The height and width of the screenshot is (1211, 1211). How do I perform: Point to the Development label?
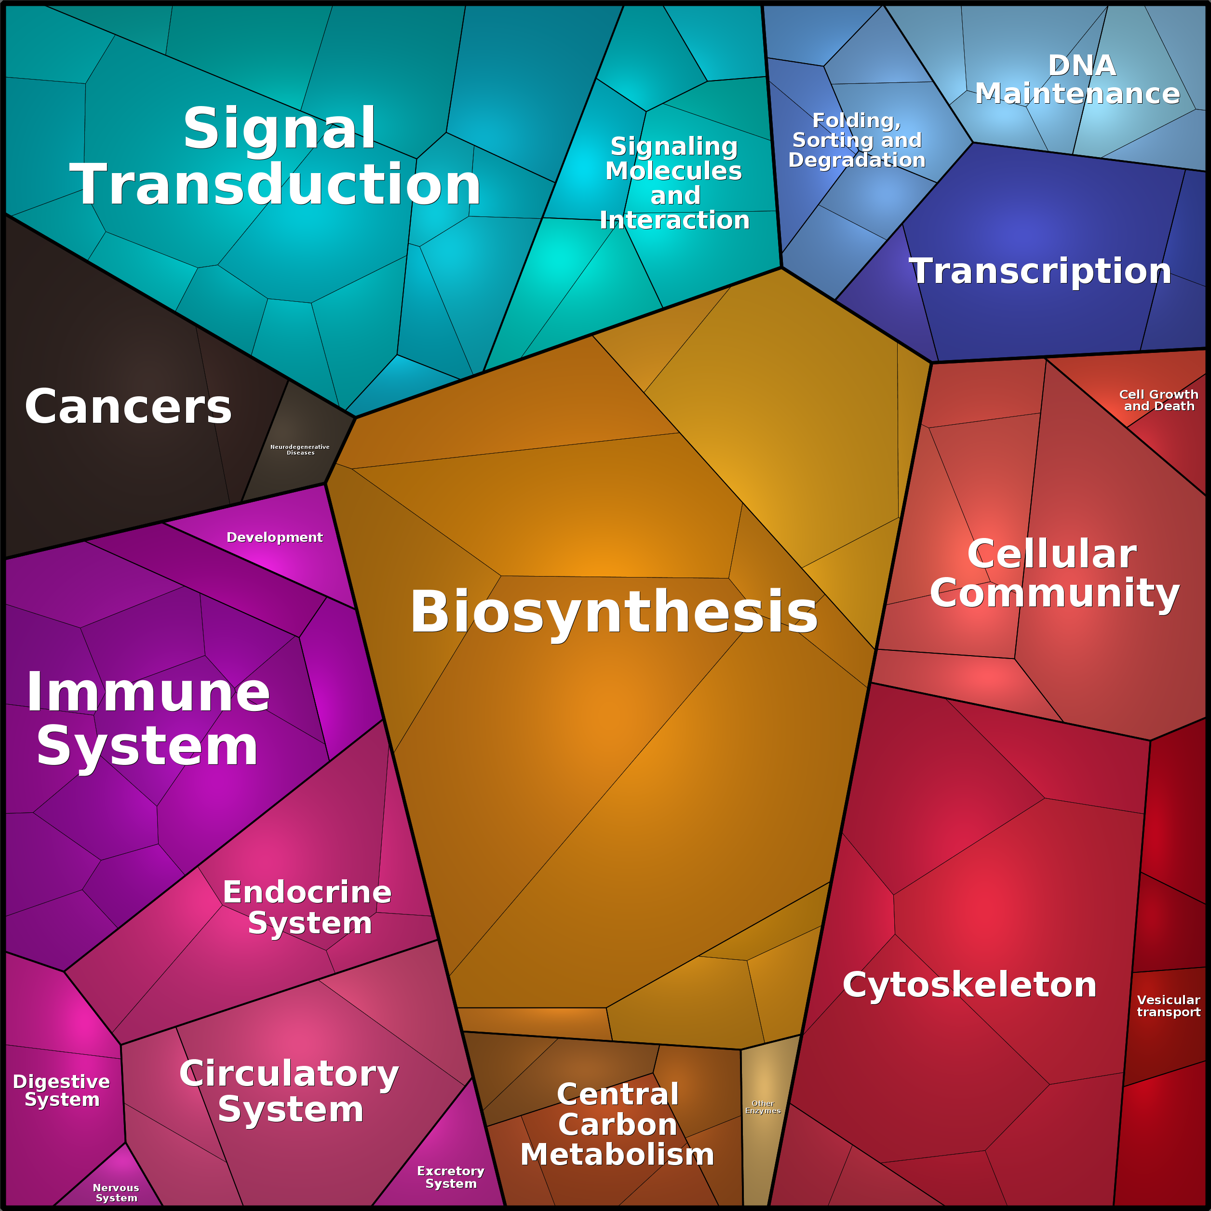coord(274,537)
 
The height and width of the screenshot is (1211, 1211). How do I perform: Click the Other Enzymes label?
coord(763,1107)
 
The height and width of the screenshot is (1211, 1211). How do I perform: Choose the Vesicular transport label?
coord(1169,1006)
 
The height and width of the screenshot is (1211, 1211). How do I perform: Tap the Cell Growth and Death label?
coord(1158,400)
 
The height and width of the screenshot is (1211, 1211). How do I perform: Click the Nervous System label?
coord(116,1192)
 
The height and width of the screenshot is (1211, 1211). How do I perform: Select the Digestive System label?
coord(61,1090)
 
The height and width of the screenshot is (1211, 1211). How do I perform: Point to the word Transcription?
coord(1040,271)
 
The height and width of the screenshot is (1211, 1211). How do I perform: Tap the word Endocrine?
coord(307,892)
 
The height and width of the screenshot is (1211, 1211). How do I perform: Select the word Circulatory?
coord(289,1073)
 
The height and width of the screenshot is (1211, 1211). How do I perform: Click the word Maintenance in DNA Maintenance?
coord(1077,94)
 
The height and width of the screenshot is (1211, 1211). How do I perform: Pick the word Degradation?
coord(857,160)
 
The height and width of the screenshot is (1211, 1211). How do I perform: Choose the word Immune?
coord(148,692)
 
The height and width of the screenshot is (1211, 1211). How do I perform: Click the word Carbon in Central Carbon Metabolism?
coord(618,1124)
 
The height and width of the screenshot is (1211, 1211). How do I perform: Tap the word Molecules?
coord(674,171)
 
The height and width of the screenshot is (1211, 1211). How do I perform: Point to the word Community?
coord(1055,592)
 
